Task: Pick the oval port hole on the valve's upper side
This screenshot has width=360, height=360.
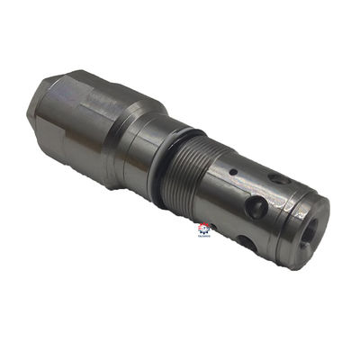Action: point(281,180)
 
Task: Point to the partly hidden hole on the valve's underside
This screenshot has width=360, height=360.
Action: point(246,241)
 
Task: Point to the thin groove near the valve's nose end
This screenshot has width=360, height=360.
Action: point(290,216)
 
